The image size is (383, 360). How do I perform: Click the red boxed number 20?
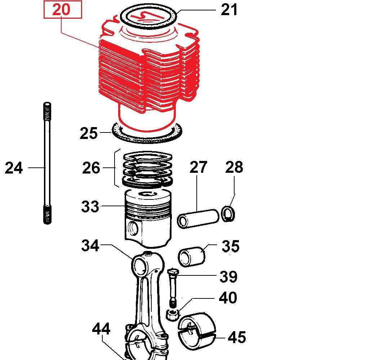coord(61,9)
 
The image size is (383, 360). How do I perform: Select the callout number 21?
coord(229,10)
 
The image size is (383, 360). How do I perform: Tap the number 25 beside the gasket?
coord(88,133)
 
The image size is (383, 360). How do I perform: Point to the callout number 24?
coord(14,168)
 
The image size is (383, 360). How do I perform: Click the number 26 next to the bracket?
coord(91,168)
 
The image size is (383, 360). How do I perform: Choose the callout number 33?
coord(90,207)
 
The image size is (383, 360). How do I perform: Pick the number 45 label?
coord(237,338)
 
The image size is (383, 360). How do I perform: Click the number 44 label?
coord(101,329)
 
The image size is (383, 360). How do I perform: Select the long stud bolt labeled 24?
coord(48,163)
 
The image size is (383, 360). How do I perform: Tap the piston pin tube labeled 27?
coord(198,219)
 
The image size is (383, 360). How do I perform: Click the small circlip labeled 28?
coord(228,214)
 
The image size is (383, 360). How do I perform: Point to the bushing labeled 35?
coord(192,257)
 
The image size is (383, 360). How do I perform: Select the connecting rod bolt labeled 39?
coord(173,288)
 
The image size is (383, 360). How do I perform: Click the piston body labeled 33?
coord(148,219)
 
